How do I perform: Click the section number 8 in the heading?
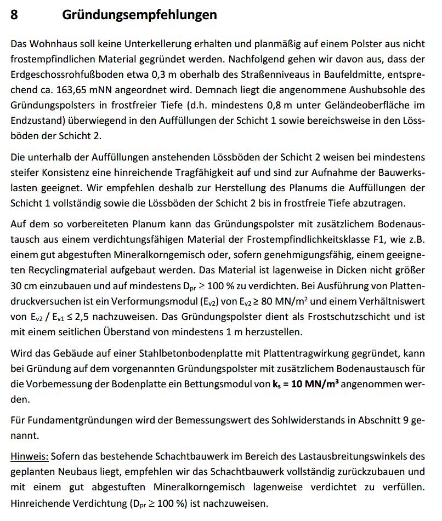tap(15, 15)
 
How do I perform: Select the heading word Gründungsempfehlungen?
tap(139, 15)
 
